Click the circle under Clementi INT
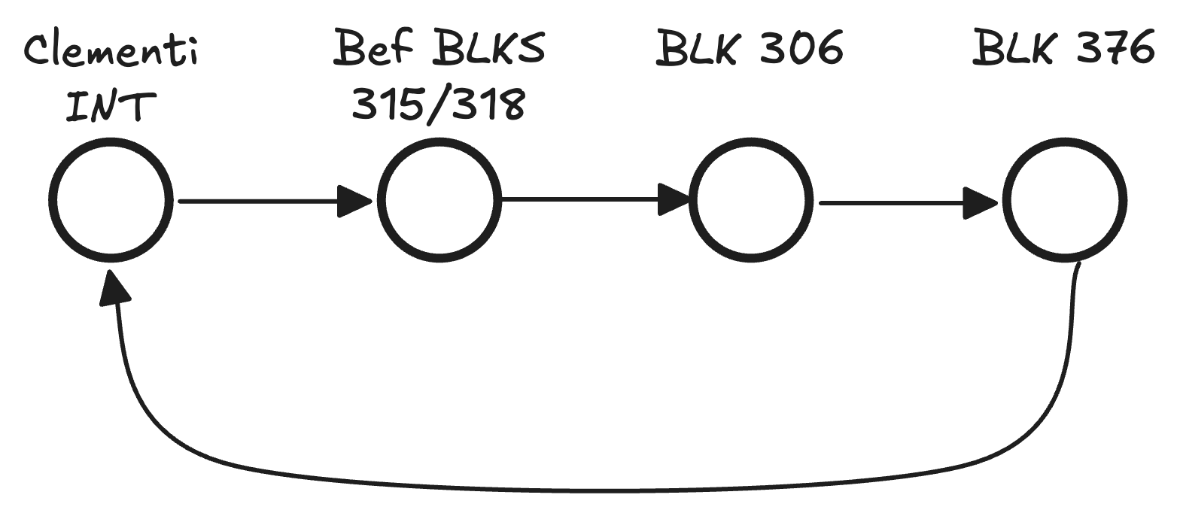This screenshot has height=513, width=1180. tap(111, 201)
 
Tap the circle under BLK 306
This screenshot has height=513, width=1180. tap(750, 200)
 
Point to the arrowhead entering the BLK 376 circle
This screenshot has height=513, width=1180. tap(981, 202)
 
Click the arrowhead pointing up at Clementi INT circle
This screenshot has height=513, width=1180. tap(115, 288)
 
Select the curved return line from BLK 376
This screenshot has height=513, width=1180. tap(602, 490)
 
